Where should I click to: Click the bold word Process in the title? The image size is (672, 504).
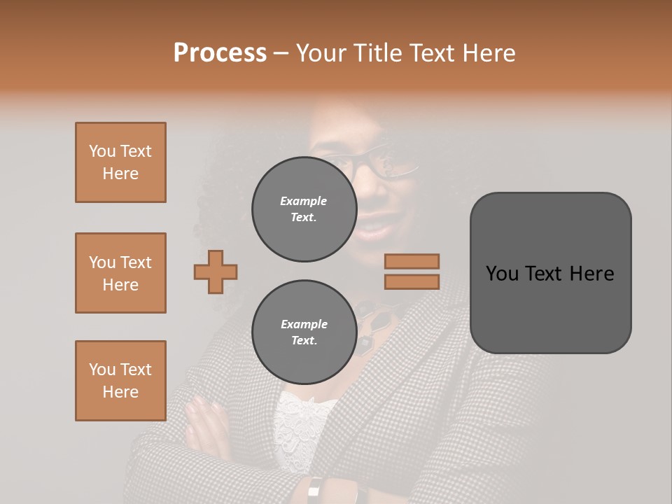point(220,53)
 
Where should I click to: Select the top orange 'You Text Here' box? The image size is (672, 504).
point(120,162)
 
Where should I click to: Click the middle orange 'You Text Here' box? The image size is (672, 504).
point(120,273)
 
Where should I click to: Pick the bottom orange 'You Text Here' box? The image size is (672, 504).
point(120,381)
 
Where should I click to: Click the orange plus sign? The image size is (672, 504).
point(216,272)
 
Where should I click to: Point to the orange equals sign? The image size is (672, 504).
point(412,272)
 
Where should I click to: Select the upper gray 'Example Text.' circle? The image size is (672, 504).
point(304,209)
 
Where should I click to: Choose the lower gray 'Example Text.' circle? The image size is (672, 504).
point(304,332)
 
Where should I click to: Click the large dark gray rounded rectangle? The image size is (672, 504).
point(550,272)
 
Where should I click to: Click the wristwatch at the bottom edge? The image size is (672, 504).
point(316,490)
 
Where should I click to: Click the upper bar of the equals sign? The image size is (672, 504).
point(412,261)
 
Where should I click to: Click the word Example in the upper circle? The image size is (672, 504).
point(304,201)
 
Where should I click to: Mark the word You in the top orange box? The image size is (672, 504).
point(102,151)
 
